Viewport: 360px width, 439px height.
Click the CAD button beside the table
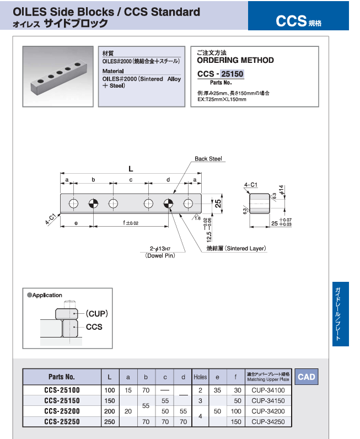point(307,377)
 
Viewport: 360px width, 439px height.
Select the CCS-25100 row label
point(61,390)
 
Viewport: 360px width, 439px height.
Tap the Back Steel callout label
point(208,159)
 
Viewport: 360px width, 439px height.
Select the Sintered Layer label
point(236,249)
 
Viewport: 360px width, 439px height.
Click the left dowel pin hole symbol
point(93,204)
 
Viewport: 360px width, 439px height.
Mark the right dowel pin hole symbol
point(168,204)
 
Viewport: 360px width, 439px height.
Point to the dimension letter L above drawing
point(131,168)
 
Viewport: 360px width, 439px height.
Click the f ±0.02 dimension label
point(131,223)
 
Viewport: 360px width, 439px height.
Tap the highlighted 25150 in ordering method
point(232,73)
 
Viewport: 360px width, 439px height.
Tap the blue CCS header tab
point(298,21)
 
